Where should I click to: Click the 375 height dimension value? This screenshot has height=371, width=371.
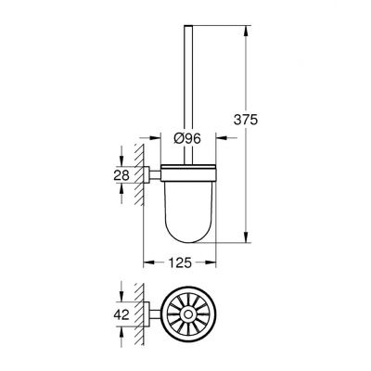(271, 121)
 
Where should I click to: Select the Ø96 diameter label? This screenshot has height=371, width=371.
(189, 137)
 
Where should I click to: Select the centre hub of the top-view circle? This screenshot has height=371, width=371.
(189, 315)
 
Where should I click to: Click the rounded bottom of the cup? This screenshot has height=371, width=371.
(189, 237)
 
